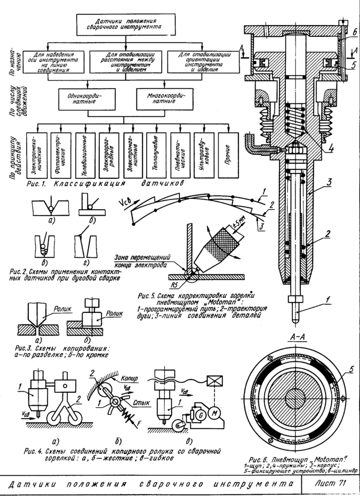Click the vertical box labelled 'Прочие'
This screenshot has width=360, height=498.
click(230, 154)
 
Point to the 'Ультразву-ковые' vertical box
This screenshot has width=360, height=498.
click(205, 154)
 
